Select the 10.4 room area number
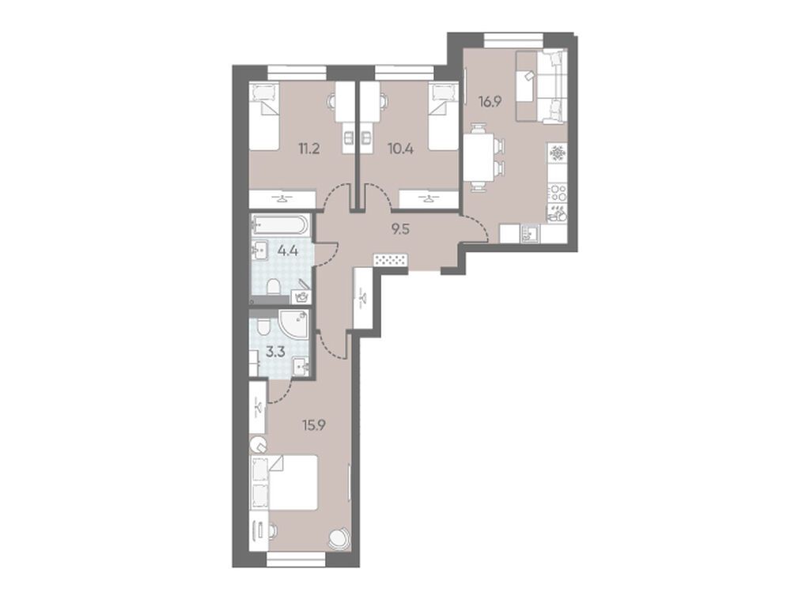click(x=400, y=149)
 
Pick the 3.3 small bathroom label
click(x=274, y=352)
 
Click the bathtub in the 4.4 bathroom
click(x=280, y=225)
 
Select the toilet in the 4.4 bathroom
click(x=272, y=286)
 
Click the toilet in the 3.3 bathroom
click(x=263, y=326)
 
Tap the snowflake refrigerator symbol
click(x=558, y=153)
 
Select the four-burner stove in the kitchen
click(x=558, y=194)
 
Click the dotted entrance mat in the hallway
click(x=391, y=259)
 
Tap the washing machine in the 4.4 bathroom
click(x=301, y=297)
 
